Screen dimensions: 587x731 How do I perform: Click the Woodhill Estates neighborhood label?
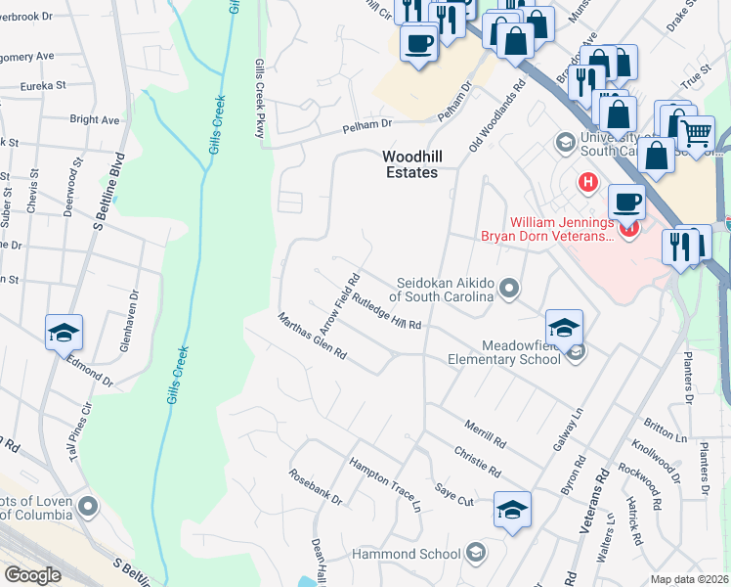pyautogui.click(x=409, y=163)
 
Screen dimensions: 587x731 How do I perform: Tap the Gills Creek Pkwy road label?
pyautogui.click(x=260, y=99)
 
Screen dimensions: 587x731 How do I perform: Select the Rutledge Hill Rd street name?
pyautogui.click(x=387, y=311)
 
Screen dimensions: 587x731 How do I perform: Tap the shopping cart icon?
pyautogui.click(x=696, y=132)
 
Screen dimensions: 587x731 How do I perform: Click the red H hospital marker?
pyautogui.click(x=587, y=182)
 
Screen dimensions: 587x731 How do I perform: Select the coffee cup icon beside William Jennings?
pyautogui.click(x=625, y=203)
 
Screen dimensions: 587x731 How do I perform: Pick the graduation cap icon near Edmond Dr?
pyautogui.click(x=64, y=333)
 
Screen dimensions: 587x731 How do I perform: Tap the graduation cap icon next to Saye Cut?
pyautogui.click(x=512, y=509)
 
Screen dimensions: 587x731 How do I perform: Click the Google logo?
pyautogui.click(x=32, y=575)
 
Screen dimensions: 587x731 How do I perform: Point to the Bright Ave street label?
pyautogui.click(x=94, y=120)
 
